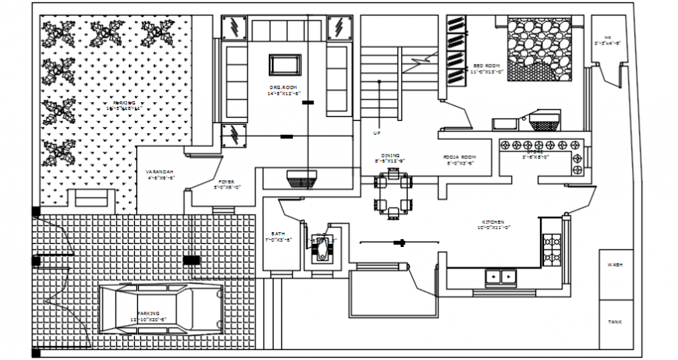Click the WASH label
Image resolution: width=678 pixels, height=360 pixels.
614,265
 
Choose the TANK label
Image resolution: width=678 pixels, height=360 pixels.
614,322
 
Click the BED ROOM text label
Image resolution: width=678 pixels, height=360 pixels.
487,66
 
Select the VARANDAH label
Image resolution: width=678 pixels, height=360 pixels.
159,174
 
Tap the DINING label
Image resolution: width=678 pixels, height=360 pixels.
390,157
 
